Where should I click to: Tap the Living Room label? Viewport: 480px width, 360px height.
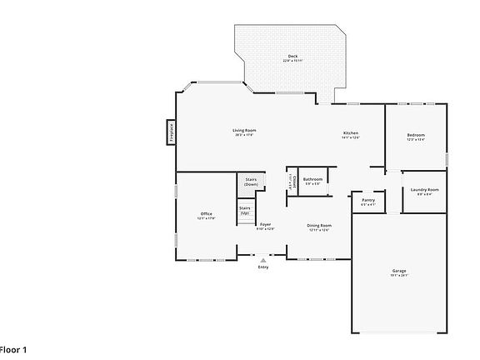[244, 130]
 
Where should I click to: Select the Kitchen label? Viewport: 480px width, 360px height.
[351, 134]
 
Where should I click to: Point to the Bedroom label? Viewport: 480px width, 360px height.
[416, 135]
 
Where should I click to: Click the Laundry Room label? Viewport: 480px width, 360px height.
[424, 189]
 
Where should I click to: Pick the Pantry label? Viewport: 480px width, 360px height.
[367, 200]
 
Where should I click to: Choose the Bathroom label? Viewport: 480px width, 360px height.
[312, 179]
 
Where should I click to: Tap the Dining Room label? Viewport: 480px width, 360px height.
[319, 225]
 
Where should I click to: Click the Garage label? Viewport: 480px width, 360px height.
[399, 271]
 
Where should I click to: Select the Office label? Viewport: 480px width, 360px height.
[206, 214]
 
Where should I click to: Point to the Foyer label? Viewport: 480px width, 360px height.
[265, 224]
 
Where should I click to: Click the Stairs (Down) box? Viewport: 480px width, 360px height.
[251, 182]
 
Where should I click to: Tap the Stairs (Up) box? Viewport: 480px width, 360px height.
[245, 210]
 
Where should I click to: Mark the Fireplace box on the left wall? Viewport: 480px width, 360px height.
[170, 133]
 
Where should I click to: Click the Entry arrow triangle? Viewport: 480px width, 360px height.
[263, 260]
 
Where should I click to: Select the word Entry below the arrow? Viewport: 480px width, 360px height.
[263, 267]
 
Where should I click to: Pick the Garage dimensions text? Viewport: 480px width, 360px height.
[399, 276]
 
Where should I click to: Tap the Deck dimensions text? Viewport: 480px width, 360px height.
[292, 61]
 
